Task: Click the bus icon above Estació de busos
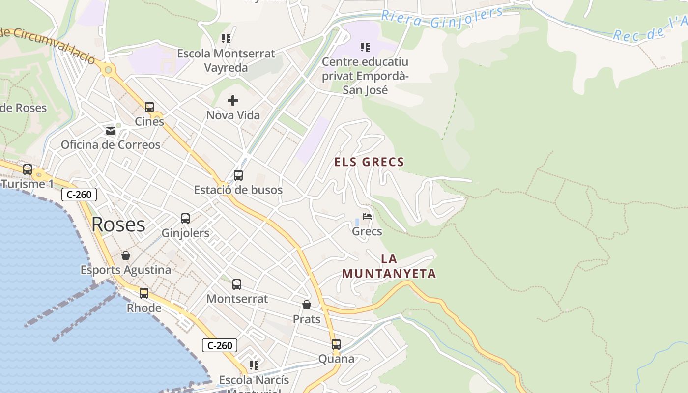(238, 175)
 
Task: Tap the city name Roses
(118, 225)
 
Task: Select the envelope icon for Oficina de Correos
(111, 131)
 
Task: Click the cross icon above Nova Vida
(233, 101)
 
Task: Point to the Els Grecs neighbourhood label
(369, 162)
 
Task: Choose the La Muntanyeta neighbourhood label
(389, 266)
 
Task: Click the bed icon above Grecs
(367, 217)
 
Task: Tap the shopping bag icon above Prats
(307, 305)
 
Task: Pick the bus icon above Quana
(336, 344)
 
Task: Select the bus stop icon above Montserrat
(237, 284)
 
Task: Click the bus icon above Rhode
(144, 293)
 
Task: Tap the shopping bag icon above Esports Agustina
(126, 255)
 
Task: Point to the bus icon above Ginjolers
(185, 219)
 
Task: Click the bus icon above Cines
(149, 107)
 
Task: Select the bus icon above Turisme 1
(28, 169)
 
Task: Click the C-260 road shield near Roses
(79, 195)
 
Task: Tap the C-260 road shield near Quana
(220, 345)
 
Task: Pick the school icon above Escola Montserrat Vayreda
(226, 39)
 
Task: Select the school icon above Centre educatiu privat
(365, 47)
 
